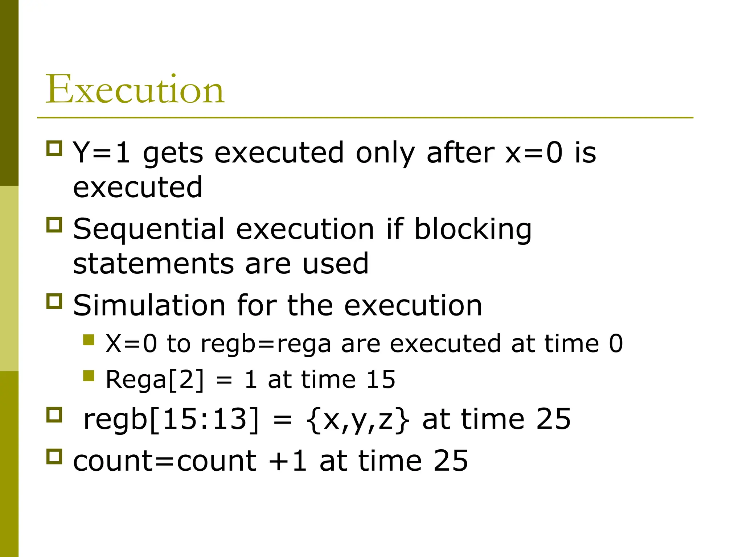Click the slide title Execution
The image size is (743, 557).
(135, 89)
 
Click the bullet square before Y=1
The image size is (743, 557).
(54, 148)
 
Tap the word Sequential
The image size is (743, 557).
(149, 230)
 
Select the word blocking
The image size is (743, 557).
(473, 230)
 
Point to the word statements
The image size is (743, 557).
(153, 264)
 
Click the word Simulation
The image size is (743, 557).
(149, 306)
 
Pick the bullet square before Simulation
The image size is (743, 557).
(54, 301)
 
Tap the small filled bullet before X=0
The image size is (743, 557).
(89, 340)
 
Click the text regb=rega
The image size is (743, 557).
(266, 344)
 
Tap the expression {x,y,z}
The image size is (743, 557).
(358, 420)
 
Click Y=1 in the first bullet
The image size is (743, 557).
(102, 153)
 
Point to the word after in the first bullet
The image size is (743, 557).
(460, 153)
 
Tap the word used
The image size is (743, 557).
(336, 264)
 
